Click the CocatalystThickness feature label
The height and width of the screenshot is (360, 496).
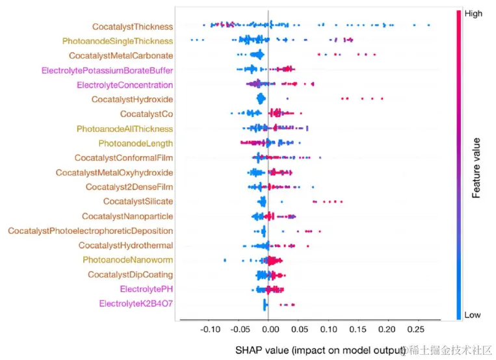(133, 27)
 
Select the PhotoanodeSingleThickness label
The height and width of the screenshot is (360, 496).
(118, 41)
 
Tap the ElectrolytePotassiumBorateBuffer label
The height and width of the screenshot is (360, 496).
(107, 70)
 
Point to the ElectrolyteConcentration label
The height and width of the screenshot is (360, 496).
(125, 85)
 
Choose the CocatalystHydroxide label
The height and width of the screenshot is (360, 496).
(132, 99)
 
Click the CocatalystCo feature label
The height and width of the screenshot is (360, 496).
(146, 114)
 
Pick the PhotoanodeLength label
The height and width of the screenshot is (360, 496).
(136, 143)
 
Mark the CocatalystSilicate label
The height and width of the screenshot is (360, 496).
(138, 201)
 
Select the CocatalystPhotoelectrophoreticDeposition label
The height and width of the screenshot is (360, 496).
(90, 231)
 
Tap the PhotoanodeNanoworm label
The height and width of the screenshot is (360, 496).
(127, 260)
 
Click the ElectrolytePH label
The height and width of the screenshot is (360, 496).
(146, 289)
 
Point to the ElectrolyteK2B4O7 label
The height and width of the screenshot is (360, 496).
(136, 303)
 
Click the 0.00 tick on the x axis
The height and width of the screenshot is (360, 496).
(269, 330)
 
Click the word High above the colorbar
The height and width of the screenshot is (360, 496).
(474, 13)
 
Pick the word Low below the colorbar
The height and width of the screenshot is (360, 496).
(473, 315)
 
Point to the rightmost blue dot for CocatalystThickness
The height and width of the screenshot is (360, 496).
(428, 25)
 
